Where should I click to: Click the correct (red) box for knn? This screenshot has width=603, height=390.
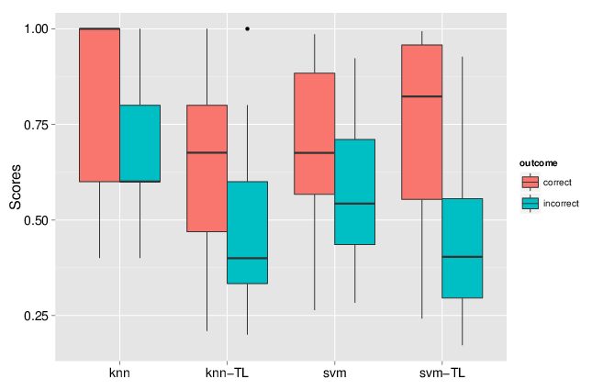99,106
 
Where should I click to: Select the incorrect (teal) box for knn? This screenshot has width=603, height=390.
140,143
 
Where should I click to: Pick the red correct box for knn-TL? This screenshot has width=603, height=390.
207,168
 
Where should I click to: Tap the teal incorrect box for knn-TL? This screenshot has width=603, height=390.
247,232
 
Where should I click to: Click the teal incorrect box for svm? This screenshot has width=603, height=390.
354,192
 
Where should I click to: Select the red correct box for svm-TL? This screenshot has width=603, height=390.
421,122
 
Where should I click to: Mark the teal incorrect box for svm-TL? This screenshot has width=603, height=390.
462,248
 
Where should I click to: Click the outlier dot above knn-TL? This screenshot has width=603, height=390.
247,28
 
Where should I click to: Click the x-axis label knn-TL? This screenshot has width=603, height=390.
227,374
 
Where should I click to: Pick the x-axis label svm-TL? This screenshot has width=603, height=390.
441,374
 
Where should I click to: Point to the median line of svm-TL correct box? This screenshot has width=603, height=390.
421,96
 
